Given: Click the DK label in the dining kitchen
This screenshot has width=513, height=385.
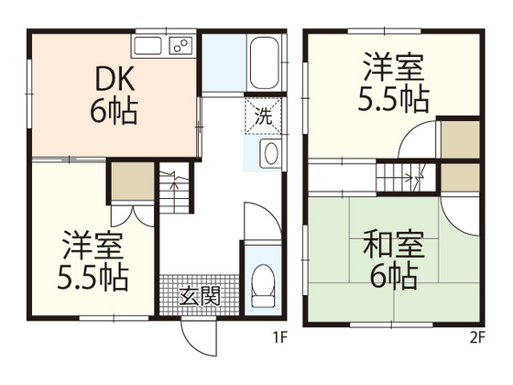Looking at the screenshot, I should click(x=114, y=81).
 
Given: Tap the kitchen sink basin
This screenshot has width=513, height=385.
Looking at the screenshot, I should click(x=149, y=45).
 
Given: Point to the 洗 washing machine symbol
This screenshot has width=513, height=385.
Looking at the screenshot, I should click(x=262, y=117).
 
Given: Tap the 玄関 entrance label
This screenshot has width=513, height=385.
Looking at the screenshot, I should click(x=200, y=295).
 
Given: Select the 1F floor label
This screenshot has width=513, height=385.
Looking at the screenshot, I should click(x=281, y=337).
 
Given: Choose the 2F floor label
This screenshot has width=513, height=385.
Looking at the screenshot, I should click(x=476, y=337).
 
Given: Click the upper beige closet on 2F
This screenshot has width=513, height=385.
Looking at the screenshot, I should click(x=460, y=139).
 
